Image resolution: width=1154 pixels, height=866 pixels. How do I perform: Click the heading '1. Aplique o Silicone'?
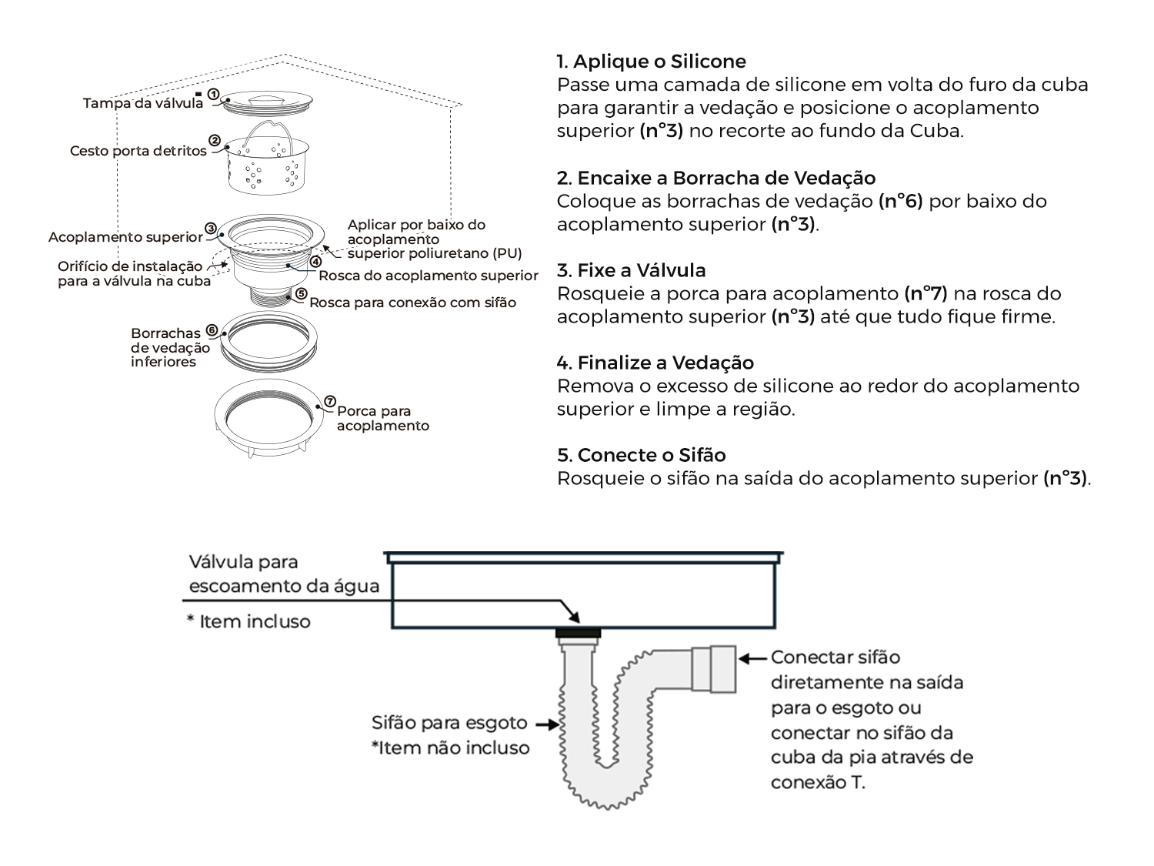pyautogui.click(x=652, y=62)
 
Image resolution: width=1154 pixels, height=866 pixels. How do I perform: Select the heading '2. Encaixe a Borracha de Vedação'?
pyautogui.click(x=716, y=179)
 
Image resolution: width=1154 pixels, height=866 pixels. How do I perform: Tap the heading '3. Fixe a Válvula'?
pyautogui.click(x=632, y=270)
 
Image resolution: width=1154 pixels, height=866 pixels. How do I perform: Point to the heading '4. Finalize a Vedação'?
pyautogui.click(x=655, y=363)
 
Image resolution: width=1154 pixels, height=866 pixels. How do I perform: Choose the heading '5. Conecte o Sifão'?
pyautogui.click(x=642, y=456)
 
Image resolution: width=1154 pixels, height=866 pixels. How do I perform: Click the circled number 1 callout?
pyautogui.click(x=213, y=94)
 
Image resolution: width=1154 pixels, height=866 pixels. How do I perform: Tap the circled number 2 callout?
pyautogui.click(x=215, y=140)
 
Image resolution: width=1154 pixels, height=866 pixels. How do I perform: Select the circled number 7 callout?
pyautogui.click(x=329, y=402)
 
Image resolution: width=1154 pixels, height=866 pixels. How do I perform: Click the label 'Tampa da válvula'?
pyautogui.click(x=143, y=103)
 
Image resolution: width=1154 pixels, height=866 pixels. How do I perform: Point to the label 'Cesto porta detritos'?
pyautogui.click(x=138, y=151)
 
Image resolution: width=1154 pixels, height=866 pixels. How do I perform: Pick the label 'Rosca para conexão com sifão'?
pyautogui.click(x=412, y=303)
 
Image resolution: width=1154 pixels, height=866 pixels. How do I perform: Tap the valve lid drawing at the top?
pyautogui.click(x=267, y=102)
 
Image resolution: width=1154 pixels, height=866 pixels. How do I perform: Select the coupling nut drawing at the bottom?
pyautogui.click(x=268, y=418)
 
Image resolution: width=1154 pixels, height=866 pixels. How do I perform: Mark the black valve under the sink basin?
pyautogui.click(x=578, y=633)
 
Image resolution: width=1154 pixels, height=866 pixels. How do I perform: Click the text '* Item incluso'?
pyautogui.click(x=248, y=621)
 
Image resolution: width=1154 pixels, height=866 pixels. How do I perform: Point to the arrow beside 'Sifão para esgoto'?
pyautogui.click(x=547, y=725)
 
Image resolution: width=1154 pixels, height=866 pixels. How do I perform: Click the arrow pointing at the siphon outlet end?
pyautogui.click(x=753, y=658)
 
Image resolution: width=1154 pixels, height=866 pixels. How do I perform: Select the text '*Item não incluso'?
pyautogui.click(x=451, y=748)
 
